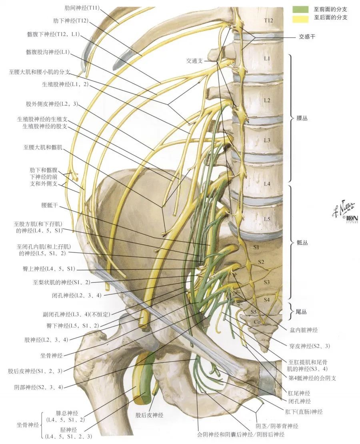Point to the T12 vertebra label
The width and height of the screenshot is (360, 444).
(x=268, y=20)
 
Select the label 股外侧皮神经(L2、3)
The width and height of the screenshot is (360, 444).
(x=52, y=104)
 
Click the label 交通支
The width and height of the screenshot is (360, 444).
(x=195, y=61)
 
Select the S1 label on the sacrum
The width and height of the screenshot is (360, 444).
(x=256, y=247)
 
